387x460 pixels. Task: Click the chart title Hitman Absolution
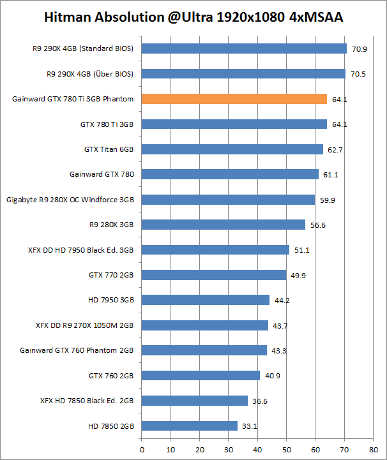tap(193, 17)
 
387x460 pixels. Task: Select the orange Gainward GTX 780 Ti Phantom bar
tap(234, 99)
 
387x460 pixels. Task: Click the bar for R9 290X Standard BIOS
tap(244, 48)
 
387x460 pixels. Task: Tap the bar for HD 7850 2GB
tap(189, 426)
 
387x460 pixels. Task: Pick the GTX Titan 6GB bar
tap(232, 149)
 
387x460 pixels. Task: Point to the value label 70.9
tap(358, 48)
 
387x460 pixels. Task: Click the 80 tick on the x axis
tap(373, 449)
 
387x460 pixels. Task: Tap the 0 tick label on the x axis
tap(142, 449)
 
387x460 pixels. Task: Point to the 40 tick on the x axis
tap(257, 449)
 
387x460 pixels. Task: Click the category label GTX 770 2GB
tap(111, 275)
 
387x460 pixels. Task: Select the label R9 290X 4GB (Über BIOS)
tap(91, 74)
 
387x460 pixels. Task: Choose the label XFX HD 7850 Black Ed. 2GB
tap(87, 401)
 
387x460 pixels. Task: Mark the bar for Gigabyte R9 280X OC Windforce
tap(228, 200)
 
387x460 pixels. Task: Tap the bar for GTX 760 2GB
tap(201, 375)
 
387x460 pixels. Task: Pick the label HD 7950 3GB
tap(111, 300)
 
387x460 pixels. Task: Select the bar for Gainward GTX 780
tap(230, 174)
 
